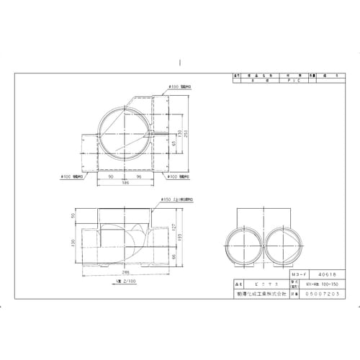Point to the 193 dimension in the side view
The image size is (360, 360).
tap(181, 238)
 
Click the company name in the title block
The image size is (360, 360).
tap(259, 295)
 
